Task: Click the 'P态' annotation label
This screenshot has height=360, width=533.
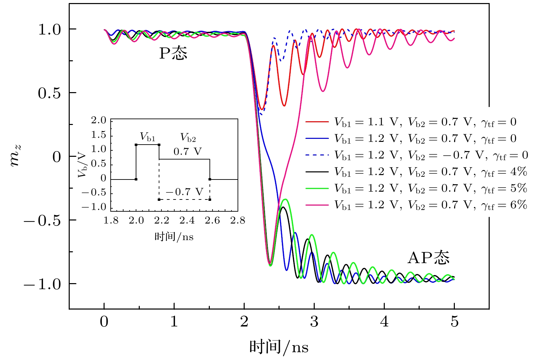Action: point(173,54)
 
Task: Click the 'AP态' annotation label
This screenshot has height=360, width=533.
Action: point(428,258)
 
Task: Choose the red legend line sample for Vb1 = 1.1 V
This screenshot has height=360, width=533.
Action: point(317,122)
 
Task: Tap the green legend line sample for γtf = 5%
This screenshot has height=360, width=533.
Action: point(317,188)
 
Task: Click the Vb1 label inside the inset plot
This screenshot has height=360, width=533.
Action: point(148,137)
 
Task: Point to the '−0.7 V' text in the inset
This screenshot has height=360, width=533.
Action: point(184,192)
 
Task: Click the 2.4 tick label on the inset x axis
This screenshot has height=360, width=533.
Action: point(187,221)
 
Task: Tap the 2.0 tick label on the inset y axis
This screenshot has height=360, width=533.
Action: point(98,120)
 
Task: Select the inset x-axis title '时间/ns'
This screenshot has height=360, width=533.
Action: point(174,236)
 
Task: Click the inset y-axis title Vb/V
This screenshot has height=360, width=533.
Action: point(83,165)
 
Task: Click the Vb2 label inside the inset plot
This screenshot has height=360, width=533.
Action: point(188,137)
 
